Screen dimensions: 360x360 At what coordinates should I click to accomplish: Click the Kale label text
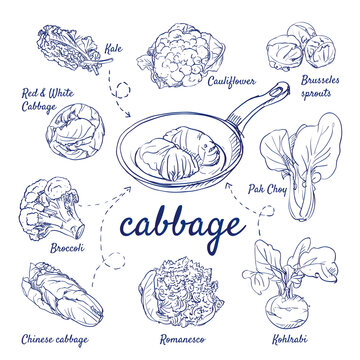click(115, 46)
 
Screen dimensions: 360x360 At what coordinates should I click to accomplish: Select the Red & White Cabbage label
click(47, 99)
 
